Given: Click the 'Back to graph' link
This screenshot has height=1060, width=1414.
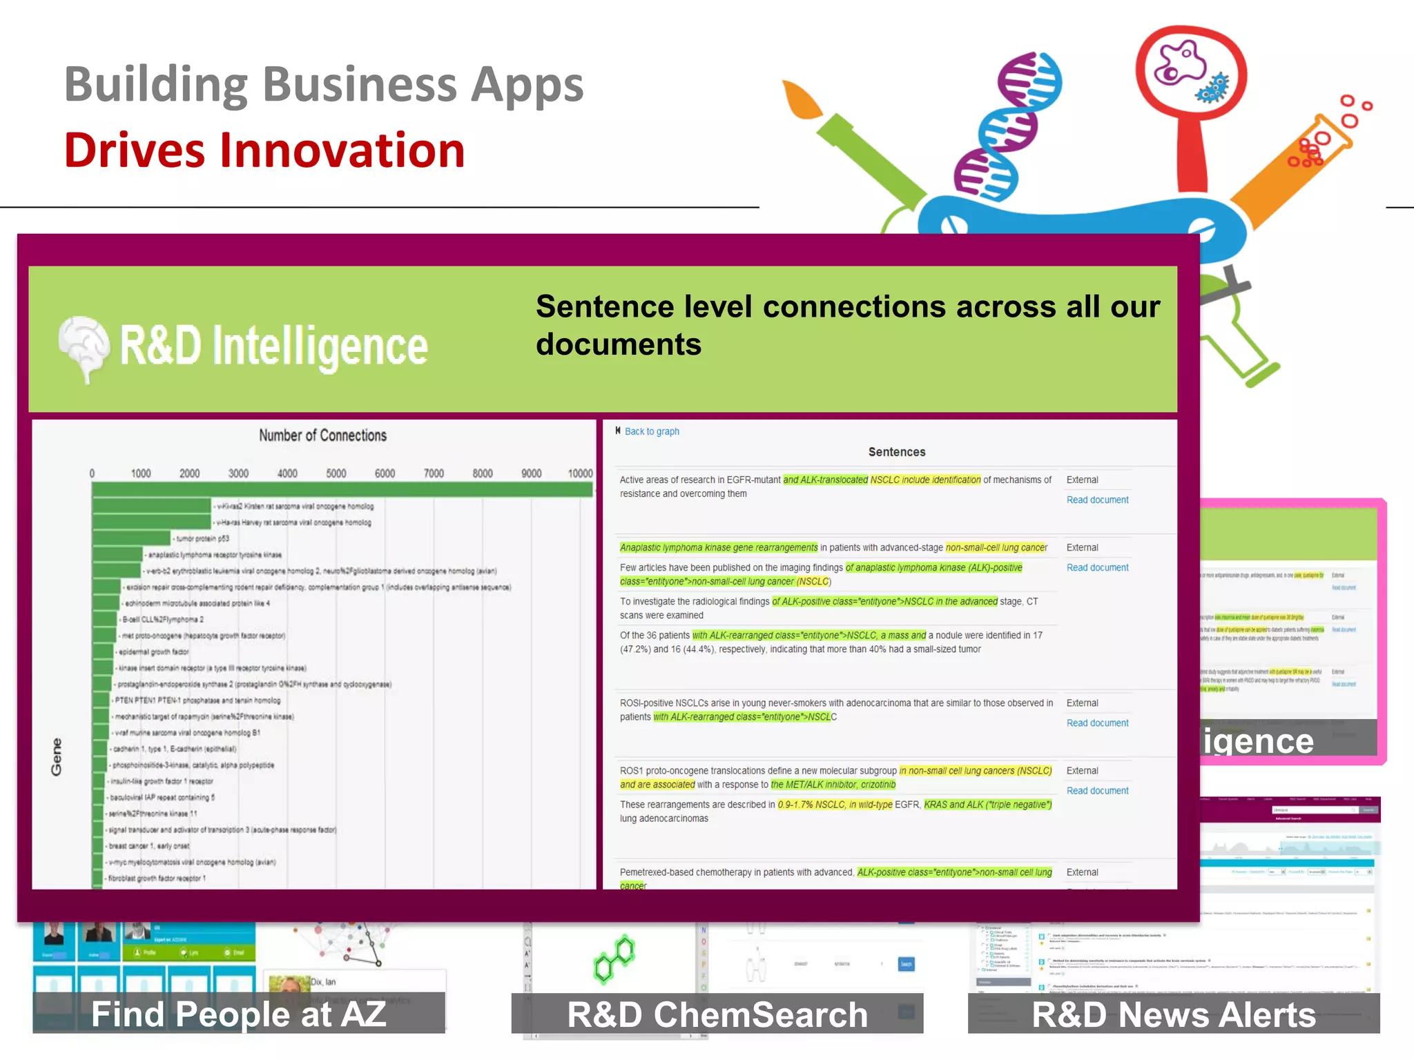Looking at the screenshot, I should tap(651, 431).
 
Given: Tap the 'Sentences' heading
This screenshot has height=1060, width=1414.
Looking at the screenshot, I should tap(896, 452).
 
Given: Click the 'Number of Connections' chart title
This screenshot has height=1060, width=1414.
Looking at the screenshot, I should tap(322, 435).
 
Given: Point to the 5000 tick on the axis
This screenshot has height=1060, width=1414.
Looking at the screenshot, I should tap(336, 473).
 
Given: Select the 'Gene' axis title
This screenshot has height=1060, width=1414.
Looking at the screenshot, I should tap(57, 756).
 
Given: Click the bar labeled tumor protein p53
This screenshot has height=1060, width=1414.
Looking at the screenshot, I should tap(131, 538).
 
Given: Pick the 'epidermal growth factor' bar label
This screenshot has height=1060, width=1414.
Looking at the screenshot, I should tap(153, 651).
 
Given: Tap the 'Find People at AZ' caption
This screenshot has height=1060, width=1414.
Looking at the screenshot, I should tap(239, 1014).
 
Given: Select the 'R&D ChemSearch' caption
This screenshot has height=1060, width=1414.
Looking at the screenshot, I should tap(717, 1014).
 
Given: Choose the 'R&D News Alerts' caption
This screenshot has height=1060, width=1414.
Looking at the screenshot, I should tap(1174, 1014).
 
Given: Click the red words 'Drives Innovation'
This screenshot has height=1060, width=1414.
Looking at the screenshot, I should tap(264, 150).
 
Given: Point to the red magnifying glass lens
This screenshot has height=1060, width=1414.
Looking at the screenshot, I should tap(1190, 69).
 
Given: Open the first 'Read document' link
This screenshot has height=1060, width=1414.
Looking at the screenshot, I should tap(1097, 500).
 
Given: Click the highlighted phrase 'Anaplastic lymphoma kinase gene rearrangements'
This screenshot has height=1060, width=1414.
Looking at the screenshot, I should tap(718, 547).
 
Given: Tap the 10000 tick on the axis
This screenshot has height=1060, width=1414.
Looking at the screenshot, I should tap(580, 473).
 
